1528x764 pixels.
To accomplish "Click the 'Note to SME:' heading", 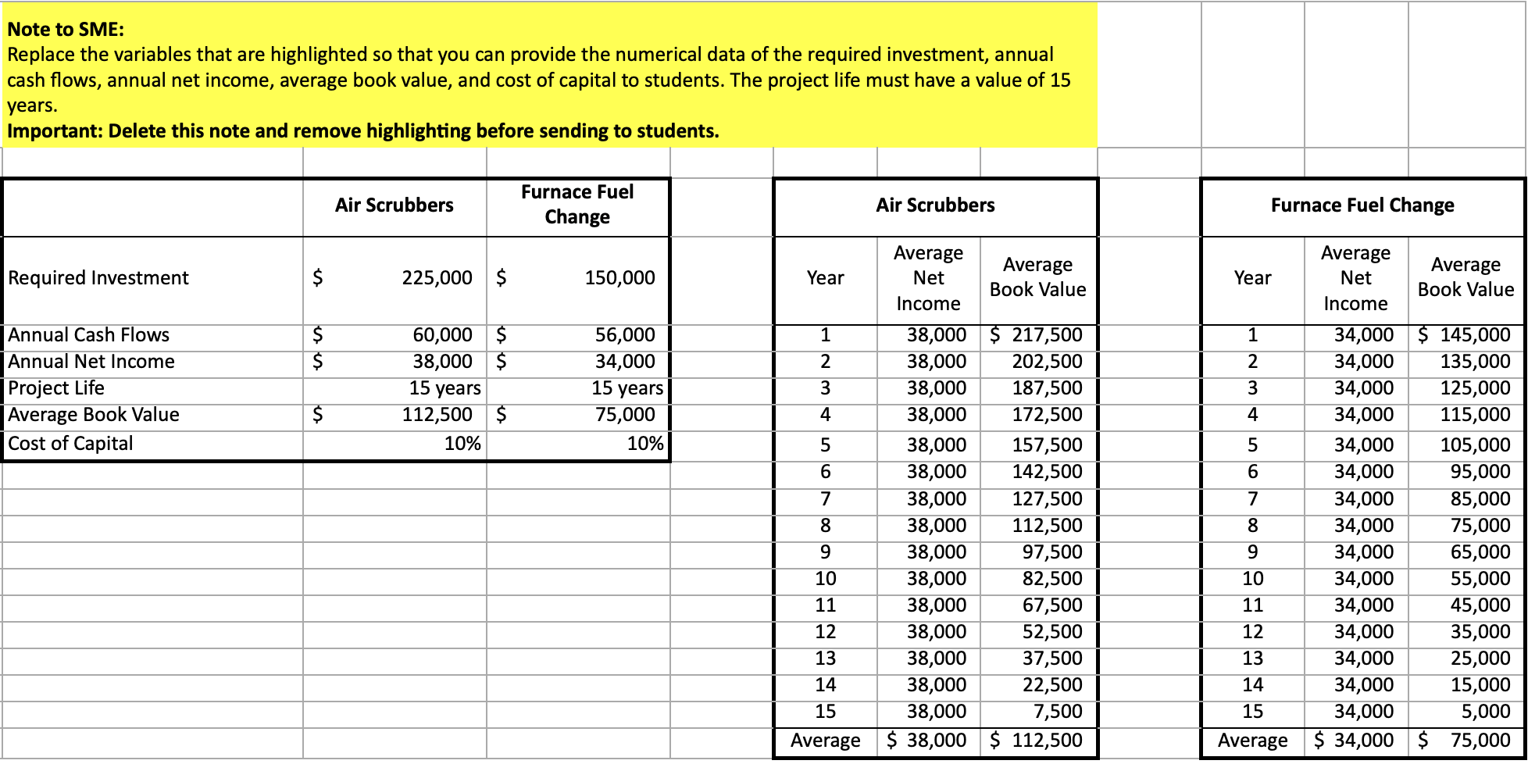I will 66,30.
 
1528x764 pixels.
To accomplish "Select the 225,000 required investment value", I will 437,278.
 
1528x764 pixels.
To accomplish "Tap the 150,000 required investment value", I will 619,278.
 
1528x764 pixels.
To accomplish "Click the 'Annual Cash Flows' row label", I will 89,335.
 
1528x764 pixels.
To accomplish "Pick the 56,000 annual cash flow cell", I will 624,335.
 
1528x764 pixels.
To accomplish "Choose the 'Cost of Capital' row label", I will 71,444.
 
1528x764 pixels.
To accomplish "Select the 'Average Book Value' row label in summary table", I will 94,415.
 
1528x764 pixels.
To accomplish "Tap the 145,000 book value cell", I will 1474,335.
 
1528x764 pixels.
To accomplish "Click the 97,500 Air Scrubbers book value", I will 1051,552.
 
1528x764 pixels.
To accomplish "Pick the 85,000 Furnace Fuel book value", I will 1480,499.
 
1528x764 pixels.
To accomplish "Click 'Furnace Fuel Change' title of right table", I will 1362,205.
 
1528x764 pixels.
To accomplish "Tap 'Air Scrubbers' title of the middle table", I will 935,205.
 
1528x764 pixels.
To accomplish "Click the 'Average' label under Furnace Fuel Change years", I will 1252,741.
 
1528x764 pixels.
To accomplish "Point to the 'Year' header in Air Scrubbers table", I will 825,278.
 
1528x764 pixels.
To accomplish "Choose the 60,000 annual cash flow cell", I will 442,335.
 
